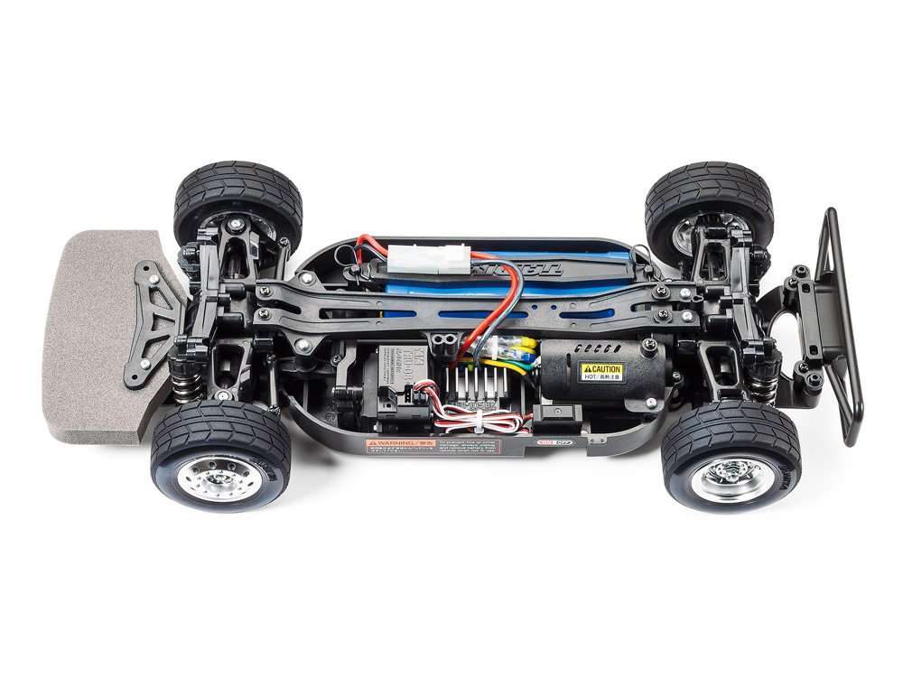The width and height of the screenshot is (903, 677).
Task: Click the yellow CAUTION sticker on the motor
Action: tap(601, 371)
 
